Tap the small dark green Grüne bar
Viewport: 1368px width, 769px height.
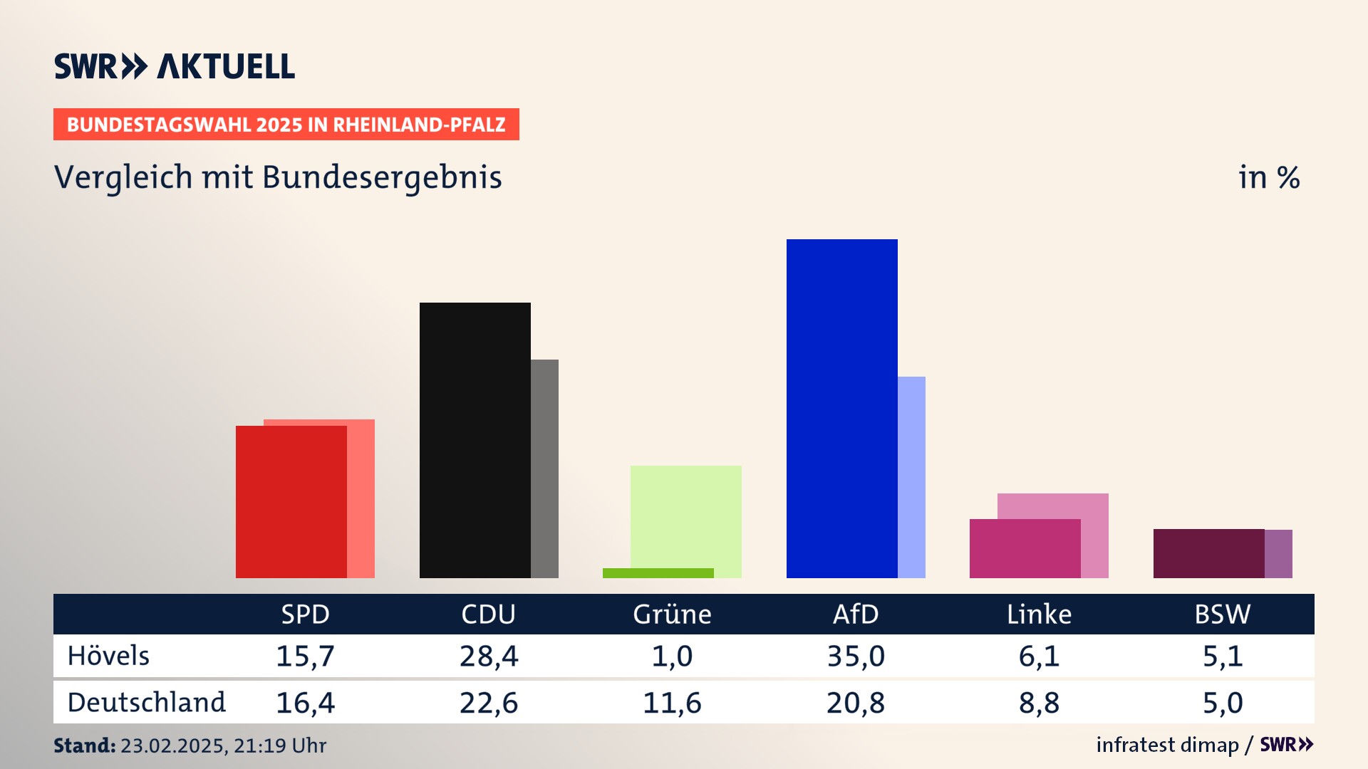point(658,573)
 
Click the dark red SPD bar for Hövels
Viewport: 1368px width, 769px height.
point(291,501)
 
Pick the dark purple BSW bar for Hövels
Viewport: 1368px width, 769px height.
point(1208,553)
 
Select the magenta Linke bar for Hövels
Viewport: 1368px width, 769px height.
point(1025,548)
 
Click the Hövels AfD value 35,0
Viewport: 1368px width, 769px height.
point(856,656)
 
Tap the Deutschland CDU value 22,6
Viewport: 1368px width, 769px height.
point(489,703)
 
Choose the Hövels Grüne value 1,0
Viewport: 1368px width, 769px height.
point(672,656)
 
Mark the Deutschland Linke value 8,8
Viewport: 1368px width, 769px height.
point(1039,703)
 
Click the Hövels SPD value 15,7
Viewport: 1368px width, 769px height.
point(305,656)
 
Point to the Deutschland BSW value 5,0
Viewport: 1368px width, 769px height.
point(1223,703)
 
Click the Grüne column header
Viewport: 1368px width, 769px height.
point(672,614)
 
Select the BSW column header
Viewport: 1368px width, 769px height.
point(1223,614)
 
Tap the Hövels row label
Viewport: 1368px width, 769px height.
point(108,656)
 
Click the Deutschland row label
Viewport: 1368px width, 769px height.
point(146,703)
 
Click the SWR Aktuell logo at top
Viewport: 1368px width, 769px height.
point(175,66)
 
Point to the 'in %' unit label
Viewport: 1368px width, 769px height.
point(1269,177)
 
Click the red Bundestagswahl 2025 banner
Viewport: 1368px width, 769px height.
point(286,125)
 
